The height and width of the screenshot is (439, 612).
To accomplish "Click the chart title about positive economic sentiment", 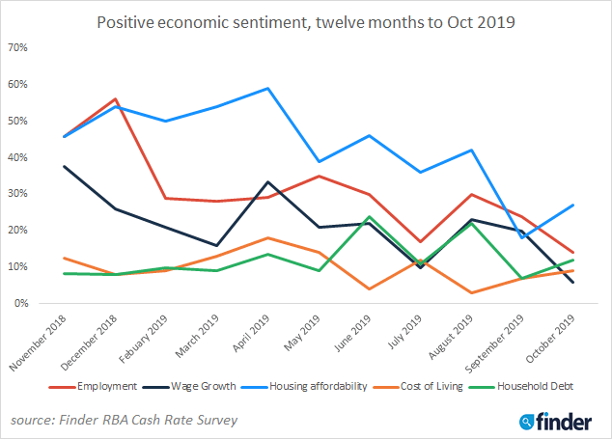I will (x=306, y=21).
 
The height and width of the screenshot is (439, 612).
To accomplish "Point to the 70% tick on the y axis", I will (x=18, y=47).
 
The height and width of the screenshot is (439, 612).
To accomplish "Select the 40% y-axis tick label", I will (x=18, y=157).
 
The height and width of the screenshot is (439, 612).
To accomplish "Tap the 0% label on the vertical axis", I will (x=21, y=303).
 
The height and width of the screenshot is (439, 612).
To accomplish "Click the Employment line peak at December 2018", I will (x=116, y=99).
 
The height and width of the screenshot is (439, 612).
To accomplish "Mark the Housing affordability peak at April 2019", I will (x=267, y=89).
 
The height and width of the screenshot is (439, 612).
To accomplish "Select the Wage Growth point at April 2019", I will (x=267, y=181).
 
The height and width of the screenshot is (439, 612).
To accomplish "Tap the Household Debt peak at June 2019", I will (x=370, y=217).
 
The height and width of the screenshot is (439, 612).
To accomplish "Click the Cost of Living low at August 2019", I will (x=471, y=292).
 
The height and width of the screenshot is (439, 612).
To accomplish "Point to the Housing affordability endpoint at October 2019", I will (x=572, y=205).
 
